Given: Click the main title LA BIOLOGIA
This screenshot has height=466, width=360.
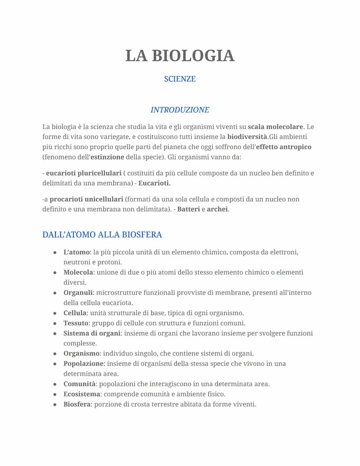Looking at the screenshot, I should (180, 56).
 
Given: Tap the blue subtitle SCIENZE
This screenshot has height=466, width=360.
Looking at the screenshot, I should (180, 79).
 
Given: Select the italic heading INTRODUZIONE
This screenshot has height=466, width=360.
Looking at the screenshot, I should (180, 110).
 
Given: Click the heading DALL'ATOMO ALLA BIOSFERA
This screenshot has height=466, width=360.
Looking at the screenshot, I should (102, 235).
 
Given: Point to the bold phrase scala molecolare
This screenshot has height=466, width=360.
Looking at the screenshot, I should (275, 127).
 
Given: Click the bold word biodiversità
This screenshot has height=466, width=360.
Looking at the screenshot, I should (247, 137).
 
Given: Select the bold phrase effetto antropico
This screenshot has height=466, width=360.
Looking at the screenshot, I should (283, 147).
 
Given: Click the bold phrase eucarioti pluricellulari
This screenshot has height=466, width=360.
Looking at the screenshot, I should (84, 173).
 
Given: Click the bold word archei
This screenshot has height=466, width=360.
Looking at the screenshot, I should (217, 209).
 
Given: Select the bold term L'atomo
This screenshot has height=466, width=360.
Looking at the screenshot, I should (76, 252).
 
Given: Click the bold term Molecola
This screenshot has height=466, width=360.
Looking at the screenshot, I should (78, 272).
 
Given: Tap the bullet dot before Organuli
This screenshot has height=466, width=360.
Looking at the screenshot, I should (55, 293).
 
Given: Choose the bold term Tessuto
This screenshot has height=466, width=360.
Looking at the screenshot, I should (77, 323).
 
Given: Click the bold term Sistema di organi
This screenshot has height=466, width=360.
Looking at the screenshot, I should (92, 333).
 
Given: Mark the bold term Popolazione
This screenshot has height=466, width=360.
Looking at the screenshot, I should (83, 363).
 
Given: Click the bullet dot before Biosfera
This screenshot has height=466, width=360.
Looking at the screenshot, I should (55, 405).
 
